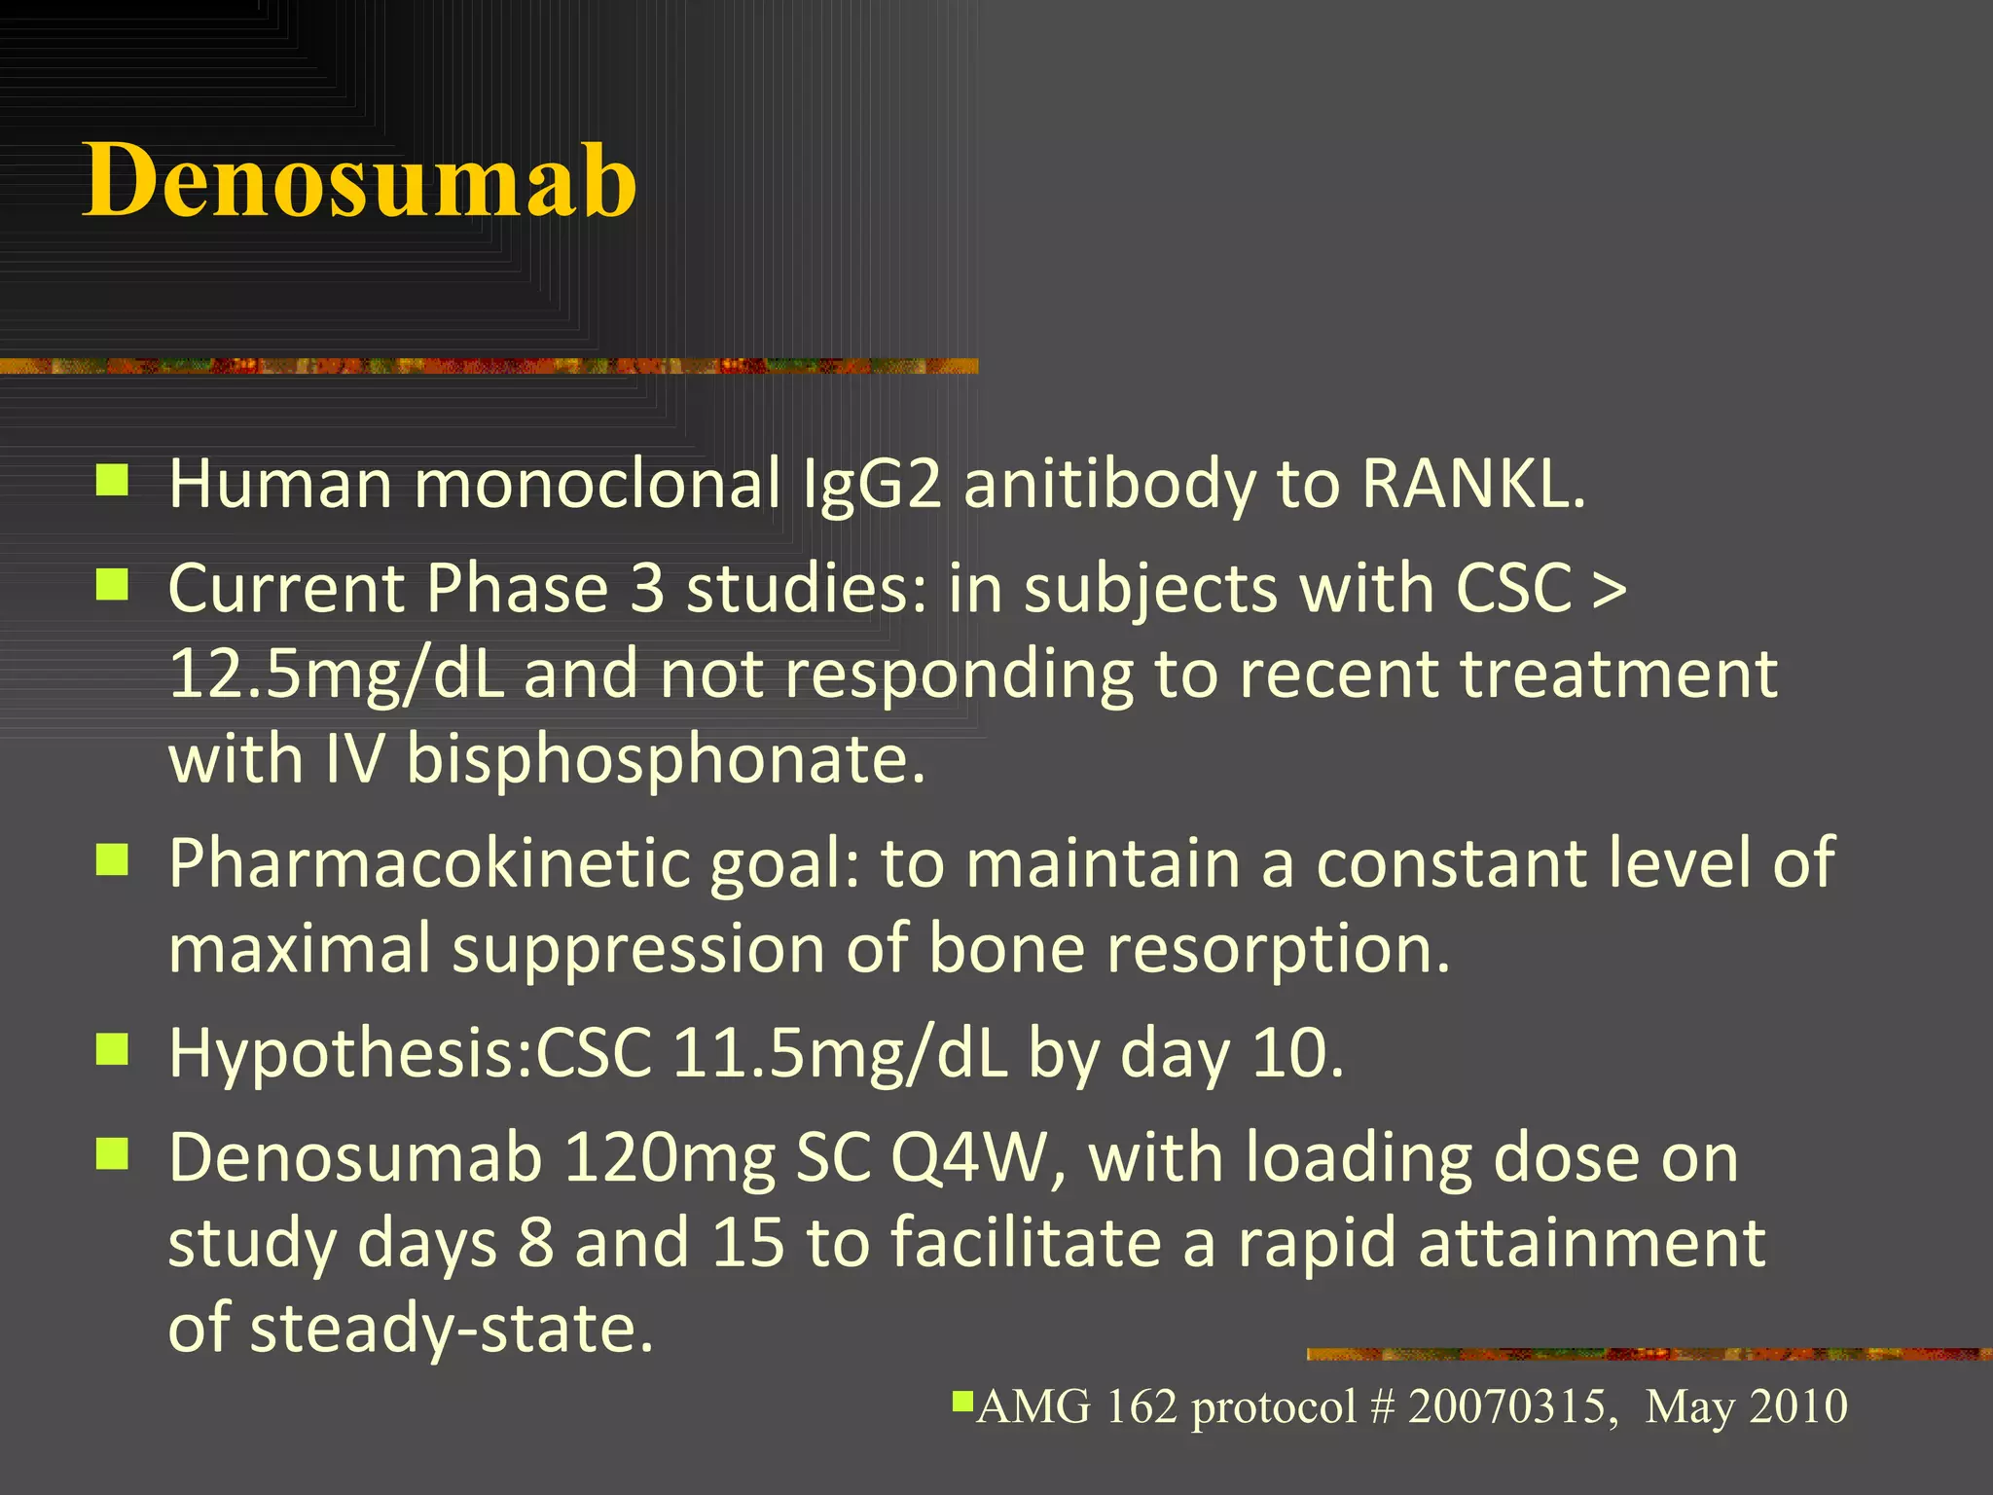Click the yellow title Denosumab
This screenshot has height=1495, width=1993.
pos(360,181)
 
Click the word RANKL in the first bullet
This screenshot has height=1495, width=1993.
pos(1471,484)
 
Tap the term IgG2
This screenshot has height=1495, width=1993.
pos(871,484)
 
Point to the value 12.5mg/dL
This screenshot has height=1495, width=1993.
pos(336,674)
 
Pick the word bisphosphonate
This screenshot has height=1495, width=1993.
pos(665,758)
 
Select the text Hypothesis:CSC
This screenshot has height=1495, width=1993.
pos(410,1054)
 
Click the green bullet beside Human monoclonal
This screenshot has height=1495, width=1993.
pos(113,480)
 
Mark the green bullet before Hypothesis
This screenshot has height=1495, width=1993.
pos(113,1050)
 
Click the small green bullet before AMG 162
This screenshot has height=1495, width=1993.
pos(962,1402)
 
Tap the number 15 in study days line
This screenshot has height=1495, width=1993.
pos(748,1244)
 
